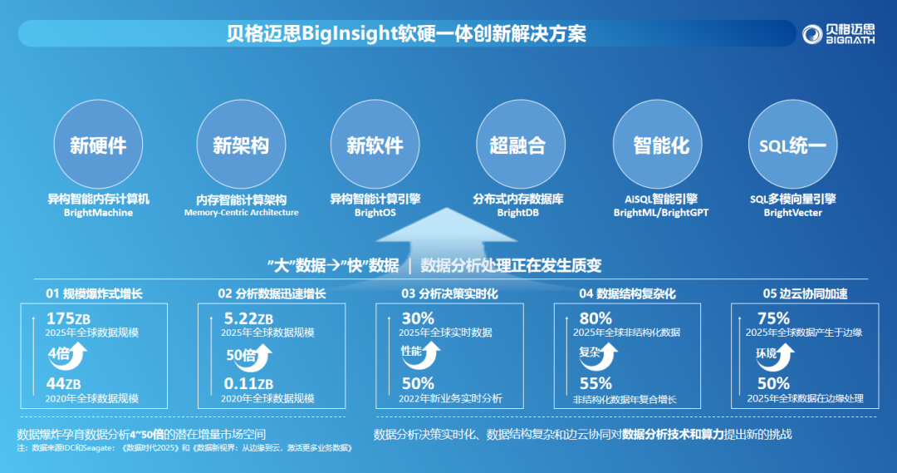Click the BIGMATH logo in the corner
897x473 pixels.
(x=838, y=34)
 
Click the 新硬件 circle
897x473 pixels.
(x=98, y=145)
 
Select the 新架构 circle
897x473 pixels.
(x=241, y=145)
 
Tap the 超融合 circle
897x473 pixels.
(x=521, y=145)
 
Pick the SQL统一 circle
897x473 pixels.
(x=793, y=145)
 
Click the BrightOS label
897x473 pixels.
(x=375, y=213)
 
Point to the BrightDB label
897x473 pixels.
(x=517, y=213)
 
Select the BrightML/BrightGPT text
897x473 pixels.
(x=661, y=213)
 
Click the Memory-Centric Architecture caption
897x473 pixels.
(x=242, y=213)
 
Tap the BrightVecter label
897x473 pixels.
(x=793, y=213)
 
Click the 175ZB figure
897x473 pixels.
(x=68, y=318)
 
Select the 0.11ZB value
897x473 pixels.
(x=248, y=384)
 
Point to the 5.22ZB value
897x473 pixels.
(x=248, y=318)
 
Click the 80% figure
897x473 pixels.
(x=596, y=318)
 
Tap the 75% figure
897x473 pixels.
(x=773, y=318)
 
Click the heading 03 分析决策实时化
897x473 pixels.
(x=449, y=293)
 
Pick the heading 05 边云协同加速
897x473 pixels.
(x=805, y=293)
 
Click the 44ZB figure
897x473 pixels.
(x=63, y=384)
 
